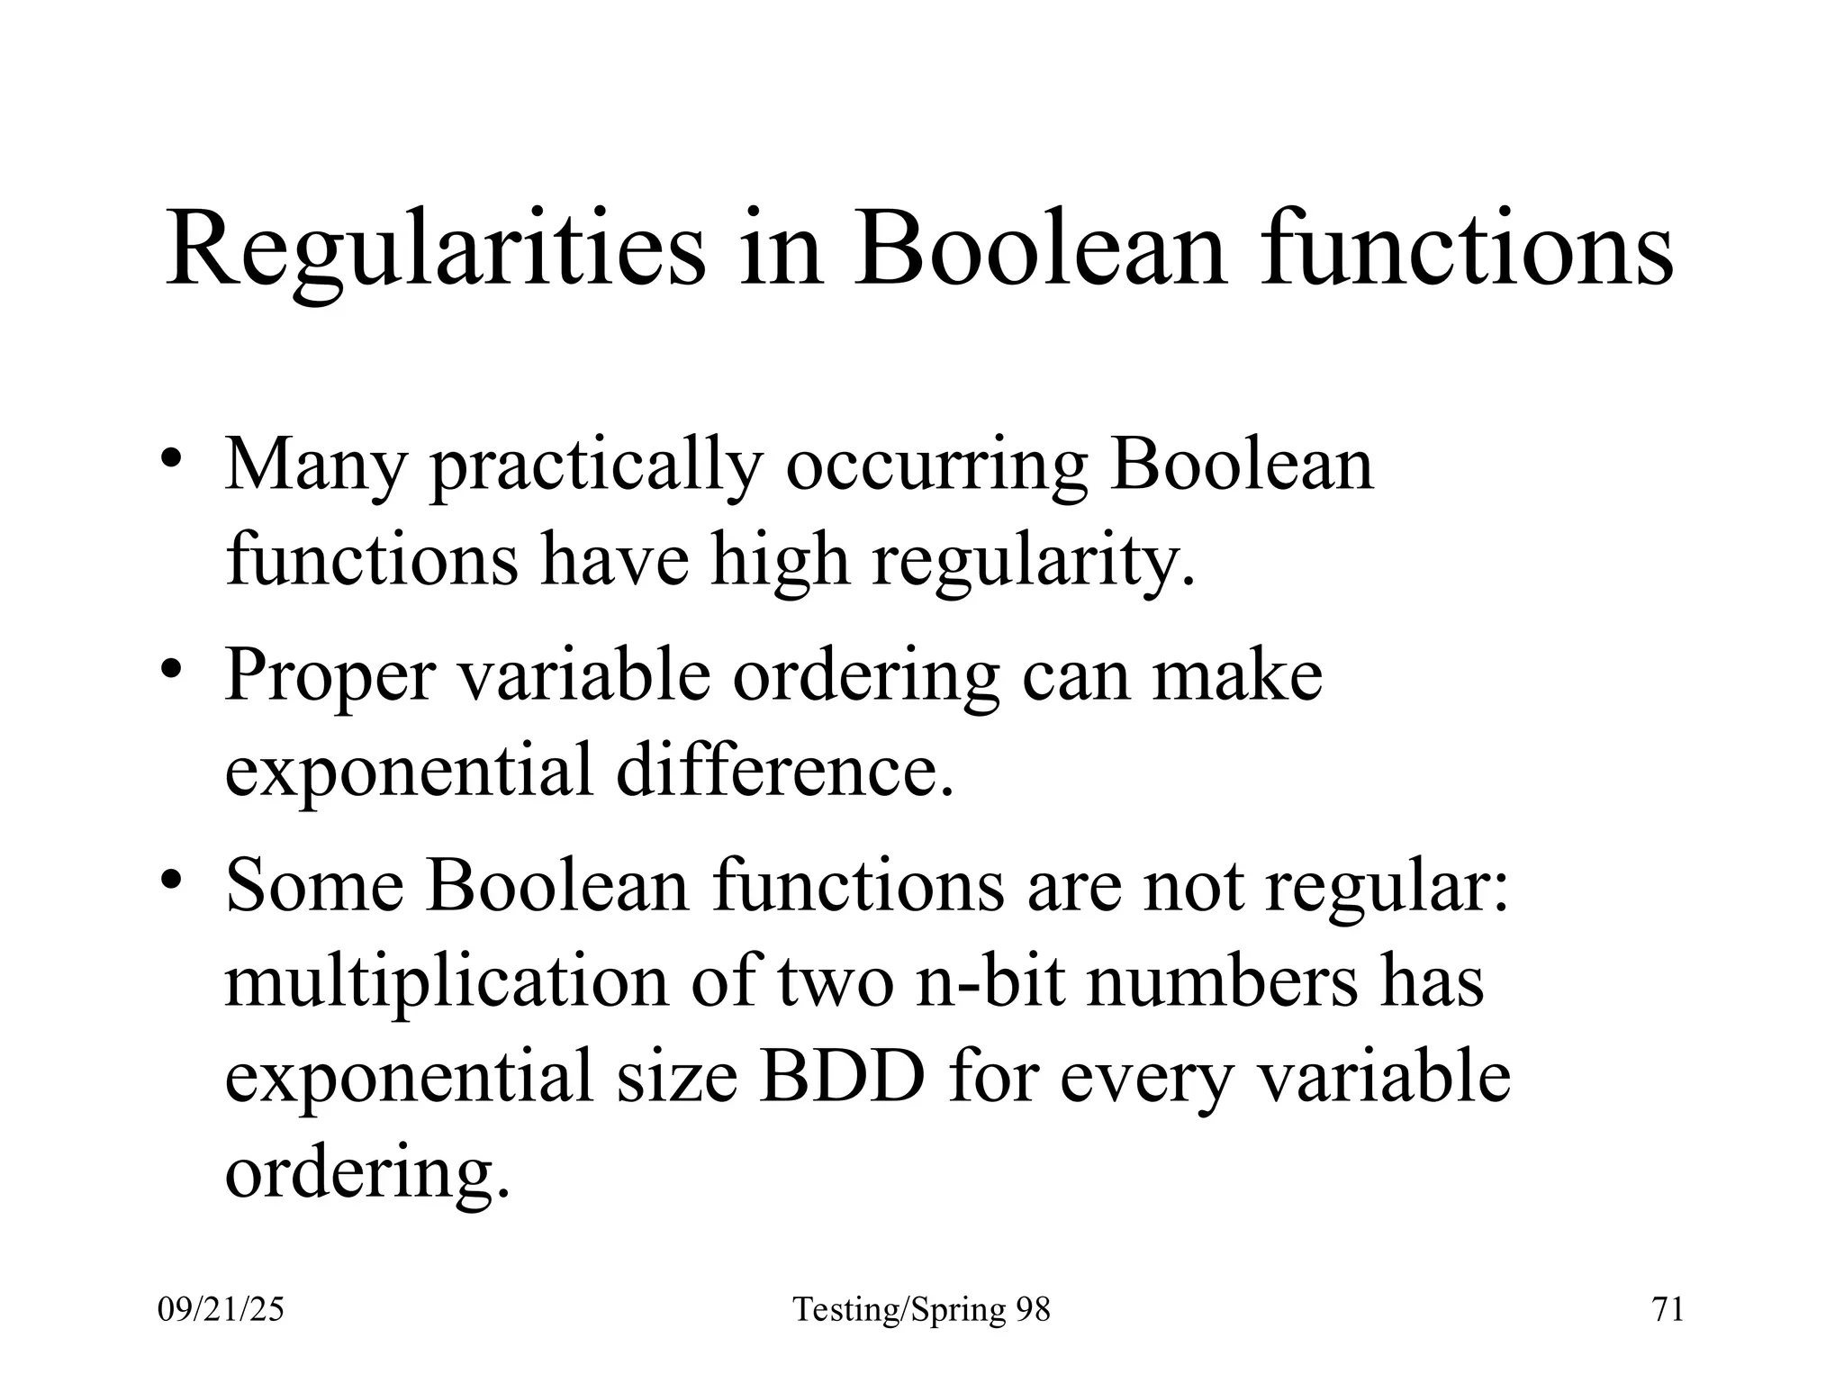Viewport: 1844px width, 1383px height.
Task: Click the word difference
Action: click(x=784, y=771)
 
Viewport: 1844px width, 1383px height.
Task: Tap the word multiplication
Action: click(x=447, y=981)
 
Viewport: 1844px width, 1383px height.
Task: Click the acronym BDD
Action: click(x=842, y=1077)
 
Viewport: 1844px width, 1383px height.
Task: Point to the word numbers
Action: click(x=1222, y=981)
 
